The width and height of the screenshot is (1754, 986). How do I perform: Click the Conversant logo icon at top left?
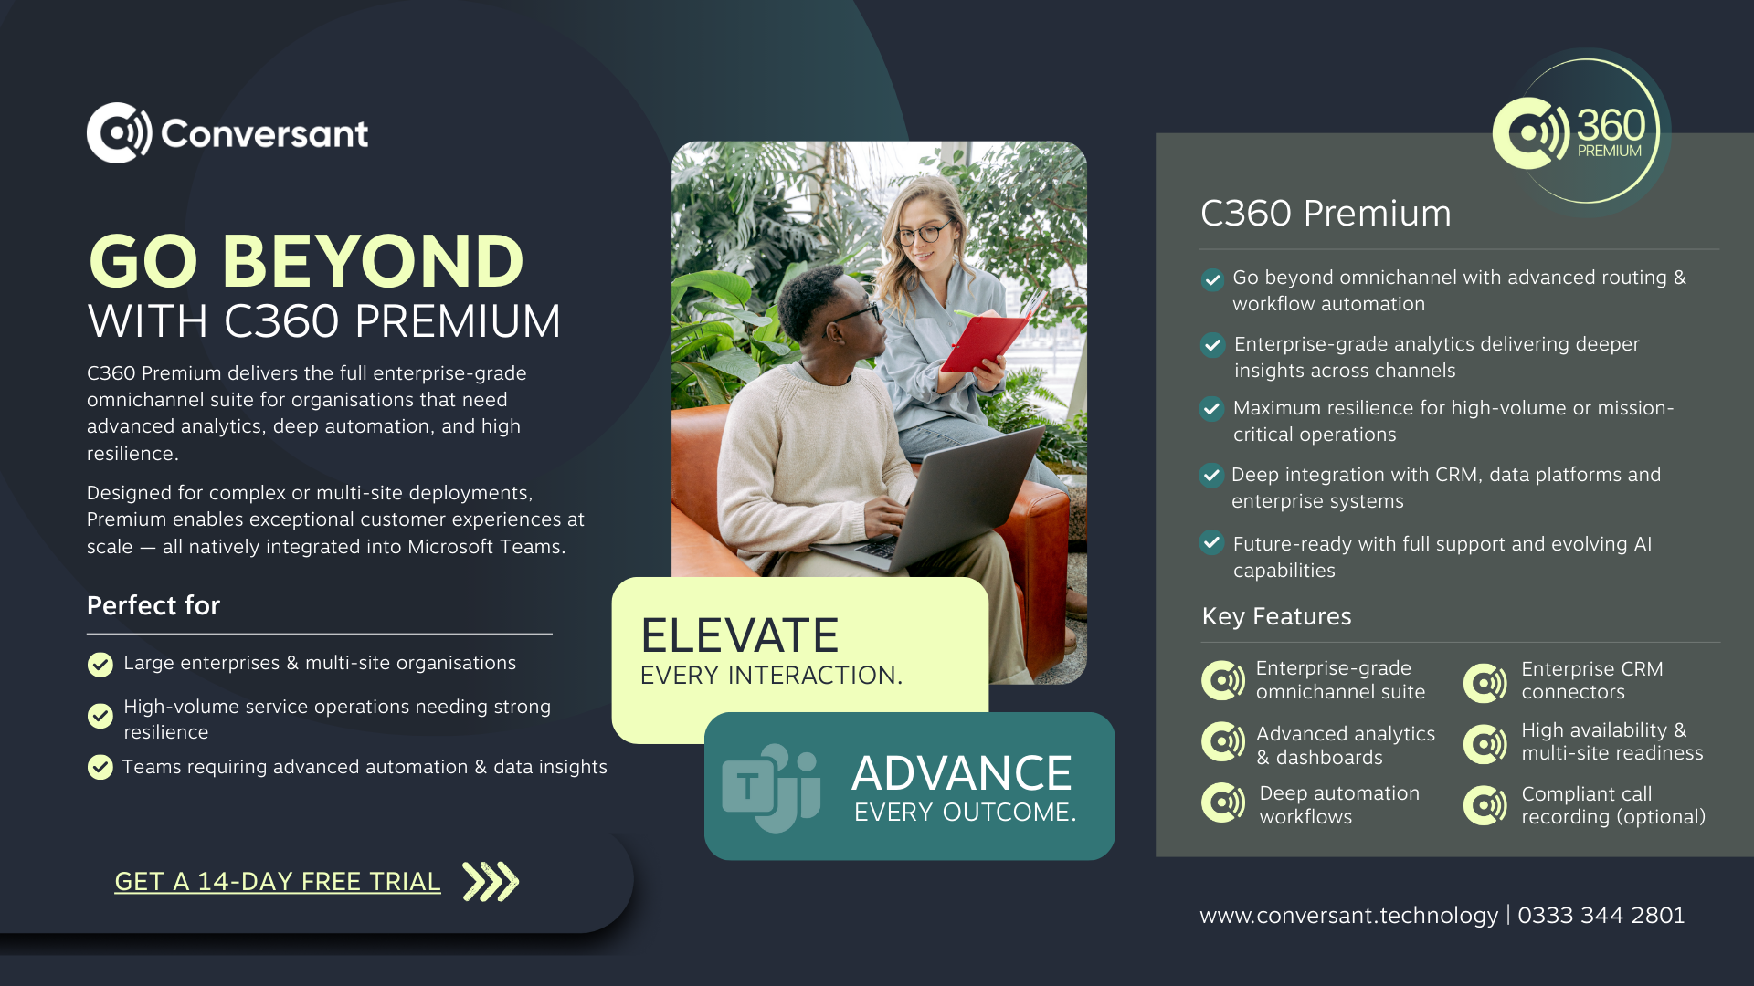click(120, 133)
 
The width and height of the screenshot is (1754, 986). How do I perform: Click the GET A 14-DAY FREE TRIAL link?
click(278, 882)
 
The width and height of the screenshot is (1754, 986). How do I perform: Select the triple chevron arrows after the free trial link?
click(491, 882)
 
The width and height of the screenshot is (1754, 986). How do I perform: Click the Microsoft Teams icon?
click(771, 787)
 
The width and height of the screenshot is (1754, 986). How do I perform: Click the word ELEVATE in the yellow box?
click(739, 635)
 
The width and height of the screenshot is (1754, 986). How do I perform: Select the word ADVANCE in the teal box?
click(962, 773)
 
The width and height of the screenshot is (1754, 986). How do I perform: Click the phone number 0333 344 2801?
click(1601, 915)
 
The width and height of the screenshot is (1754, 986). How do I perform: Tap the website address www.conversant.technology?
click(1349, 916)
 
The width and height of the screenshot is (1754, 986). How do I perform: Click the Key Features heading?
click(1276, 616)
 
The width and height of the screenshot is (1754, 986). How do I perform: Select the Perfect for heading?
click(153, 605)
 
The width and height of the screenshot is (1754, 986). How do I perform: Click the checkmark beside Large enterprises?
click(100, 665)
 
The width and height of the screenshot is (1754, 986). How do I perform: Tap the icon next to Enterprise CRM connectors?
click(1485, 682)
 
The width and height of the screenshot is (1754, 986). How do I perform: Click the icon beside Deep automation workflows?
click(1223, 803)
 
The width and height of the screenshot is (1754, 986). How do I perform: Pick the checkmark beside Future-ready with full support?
click(1211, 543)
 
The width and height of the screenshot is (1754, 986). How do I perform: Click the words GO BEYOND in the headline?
click(306, 261)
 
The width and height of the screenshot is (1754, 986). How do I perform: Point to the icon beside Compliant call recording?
click(1485, 805)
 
